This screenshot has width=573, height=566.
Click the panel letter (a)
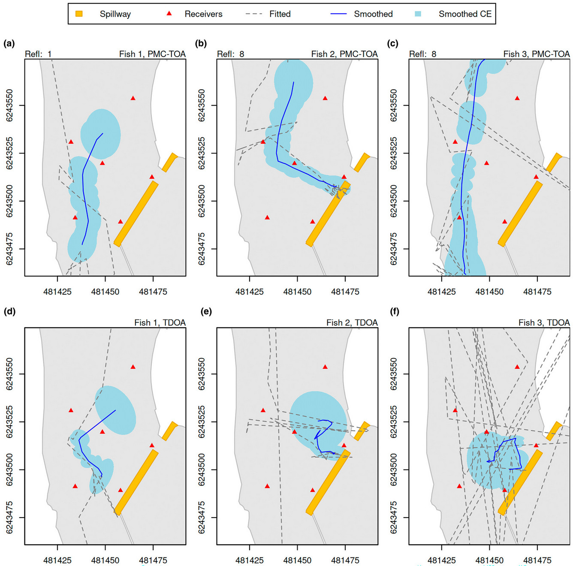(x=9, y=43)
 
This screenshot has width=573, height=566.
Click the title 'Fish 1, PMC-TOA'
(x=152, y=54)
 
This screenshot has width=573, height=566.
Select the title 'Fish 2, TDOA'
(x=352, y=322)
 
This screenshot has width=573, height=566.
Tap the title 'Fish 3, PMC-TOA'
(x=536, y=54)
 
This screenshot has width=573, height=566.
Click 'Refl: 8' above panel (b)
(x=230, y=54)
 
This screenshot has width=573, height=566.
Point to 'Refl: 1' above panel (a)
(x=38, y=54)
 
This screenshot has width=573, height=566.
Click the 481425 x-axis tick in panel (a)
(x=57, y=292)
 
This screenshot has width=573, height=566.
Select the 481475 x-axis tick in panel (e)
(x=345, y=560)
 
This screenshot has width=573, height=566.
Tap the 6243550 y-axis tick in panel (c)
(x=393, y=105)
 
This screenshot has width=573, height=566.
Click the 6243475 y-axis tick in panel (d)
(x=9, y=518)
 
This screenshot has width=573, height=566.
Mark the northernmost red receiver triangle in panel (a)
(x=133, y=98)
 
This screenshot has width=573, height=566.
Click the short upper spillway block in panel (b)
(x=362, y=162)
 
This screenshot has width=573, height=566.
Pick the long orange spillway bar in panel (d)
(x=136, y=482)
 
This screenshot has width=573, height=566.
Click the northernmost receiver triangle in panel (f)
(x=517, y=367)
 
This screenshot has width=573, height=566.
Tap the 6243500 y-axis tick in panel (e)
(x=201, y=470)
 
